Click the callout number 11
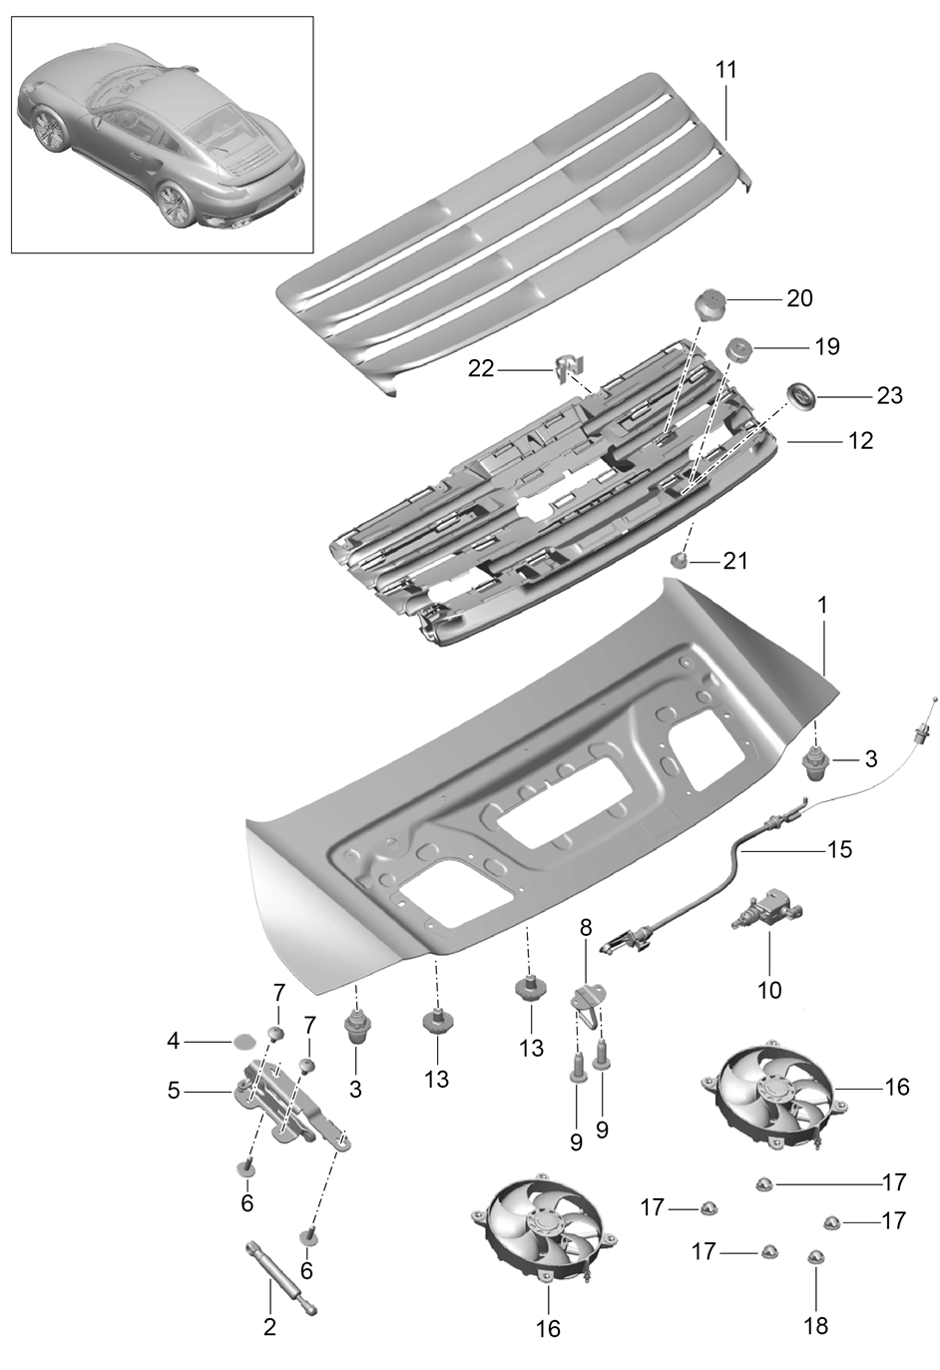tap(725, 70)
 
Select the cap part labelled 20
tap(710, 304)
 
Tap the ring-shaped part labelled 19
tap(738, 350)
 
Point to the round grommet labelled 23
tap(799, 396)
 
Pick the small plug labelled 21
tap(680, 559)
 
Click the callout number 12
tap(860, 441)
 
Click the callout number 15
tap(839, 849)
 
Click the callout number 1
tap(822, 605)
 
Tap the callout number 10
tap(769, 990)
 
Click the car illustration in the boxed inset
tap(162, 135)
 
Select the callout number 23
tap(890, 396)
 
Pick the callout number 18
tap(816, 1326)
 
